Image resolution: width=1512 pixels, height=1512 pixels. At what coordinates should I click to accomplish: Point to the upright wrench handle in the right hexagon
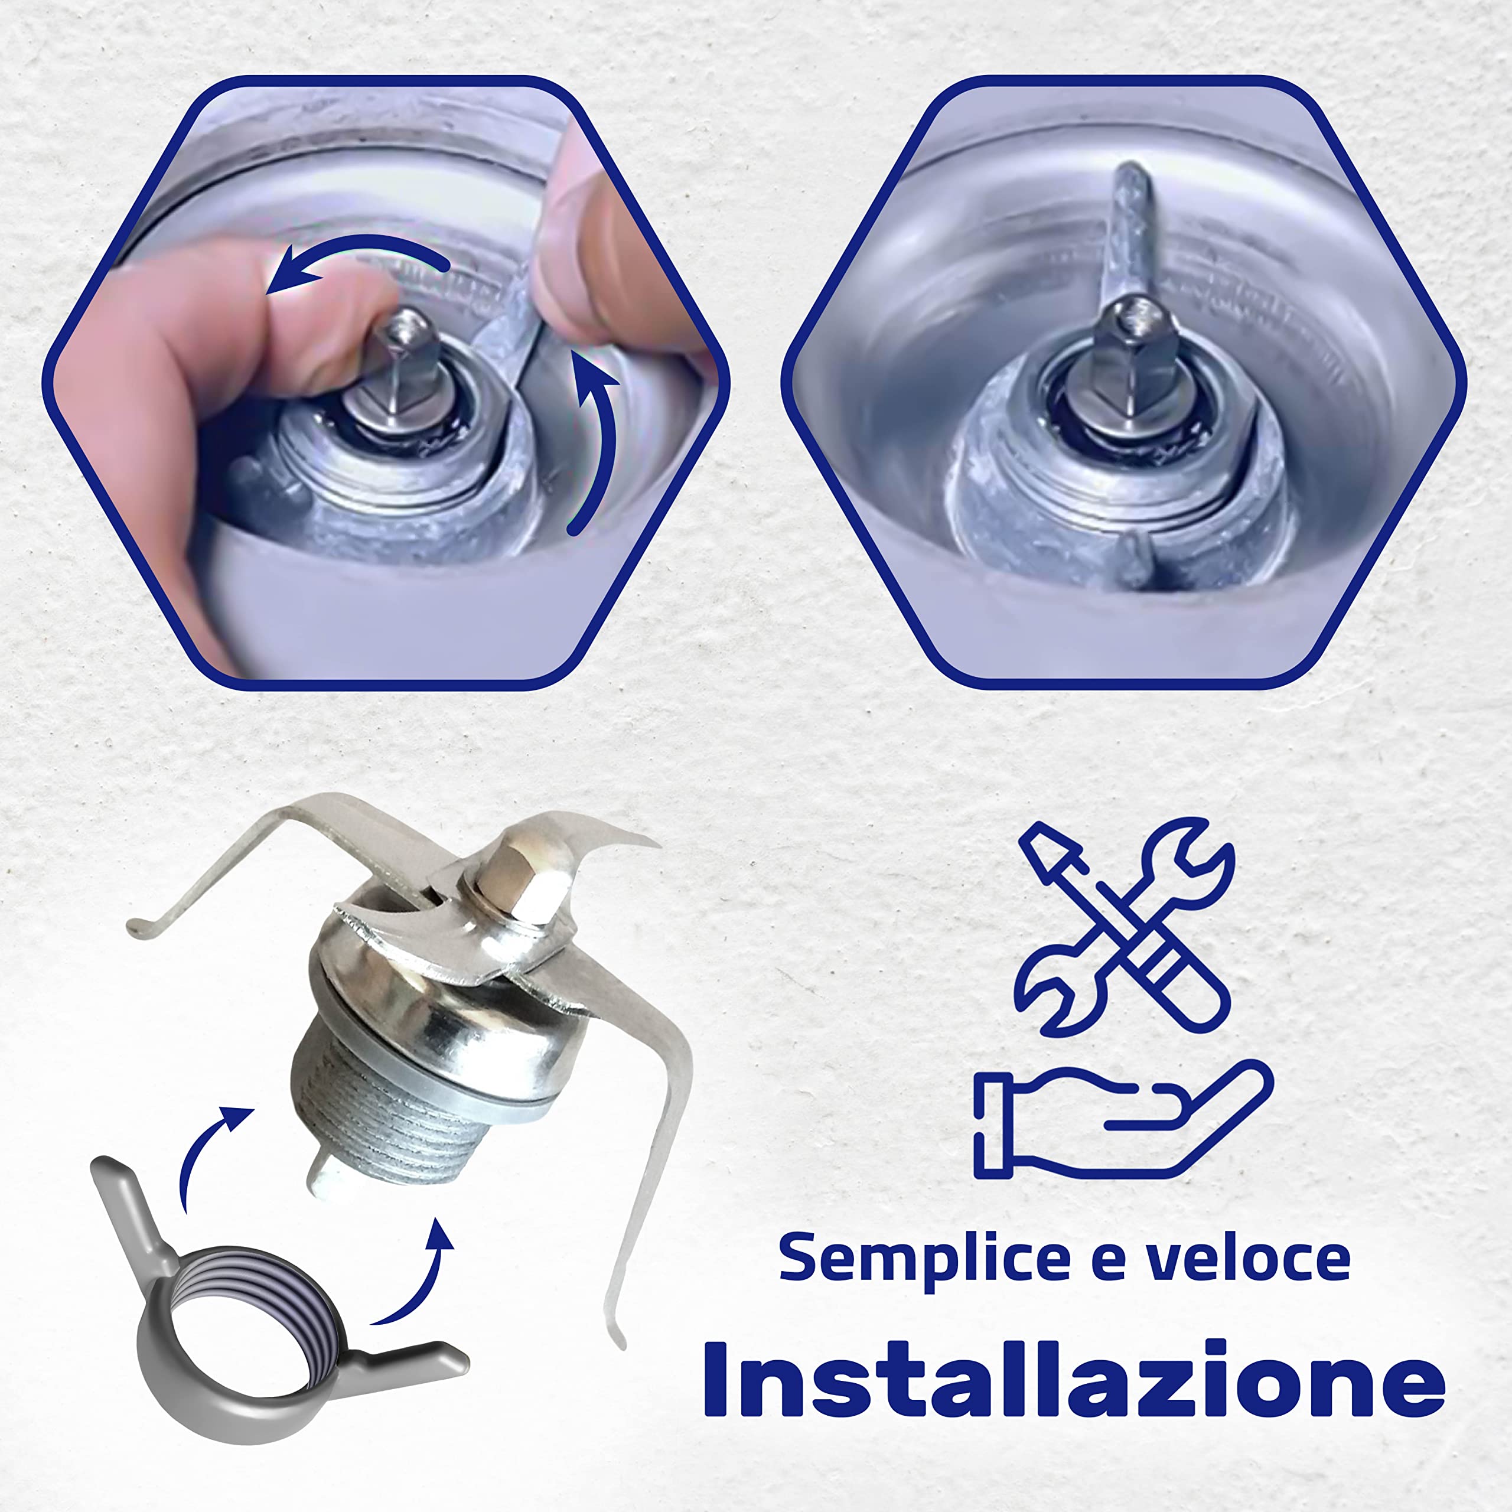tap(1127, 227)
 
